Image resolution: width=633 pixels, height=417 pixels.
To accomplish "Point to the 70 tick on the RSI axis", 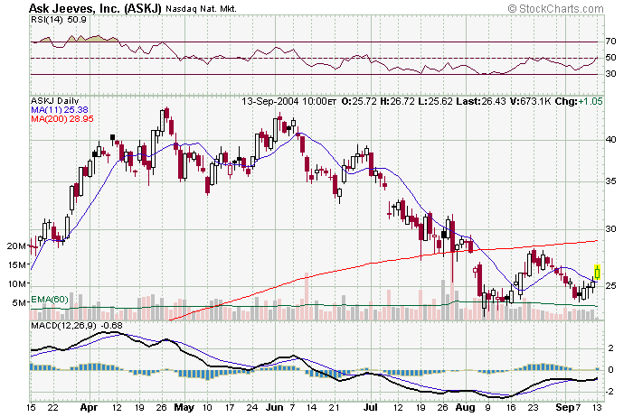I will [610, 42].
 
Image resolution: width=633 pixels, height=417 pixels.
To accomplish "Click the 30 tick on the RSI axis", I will [610, 74].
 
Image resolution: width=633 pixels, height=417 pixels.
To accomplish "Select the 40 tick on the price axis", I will [610, 140].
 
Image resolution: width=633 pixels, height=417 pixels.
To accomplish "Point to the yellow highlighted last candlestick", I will [598, 270].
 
